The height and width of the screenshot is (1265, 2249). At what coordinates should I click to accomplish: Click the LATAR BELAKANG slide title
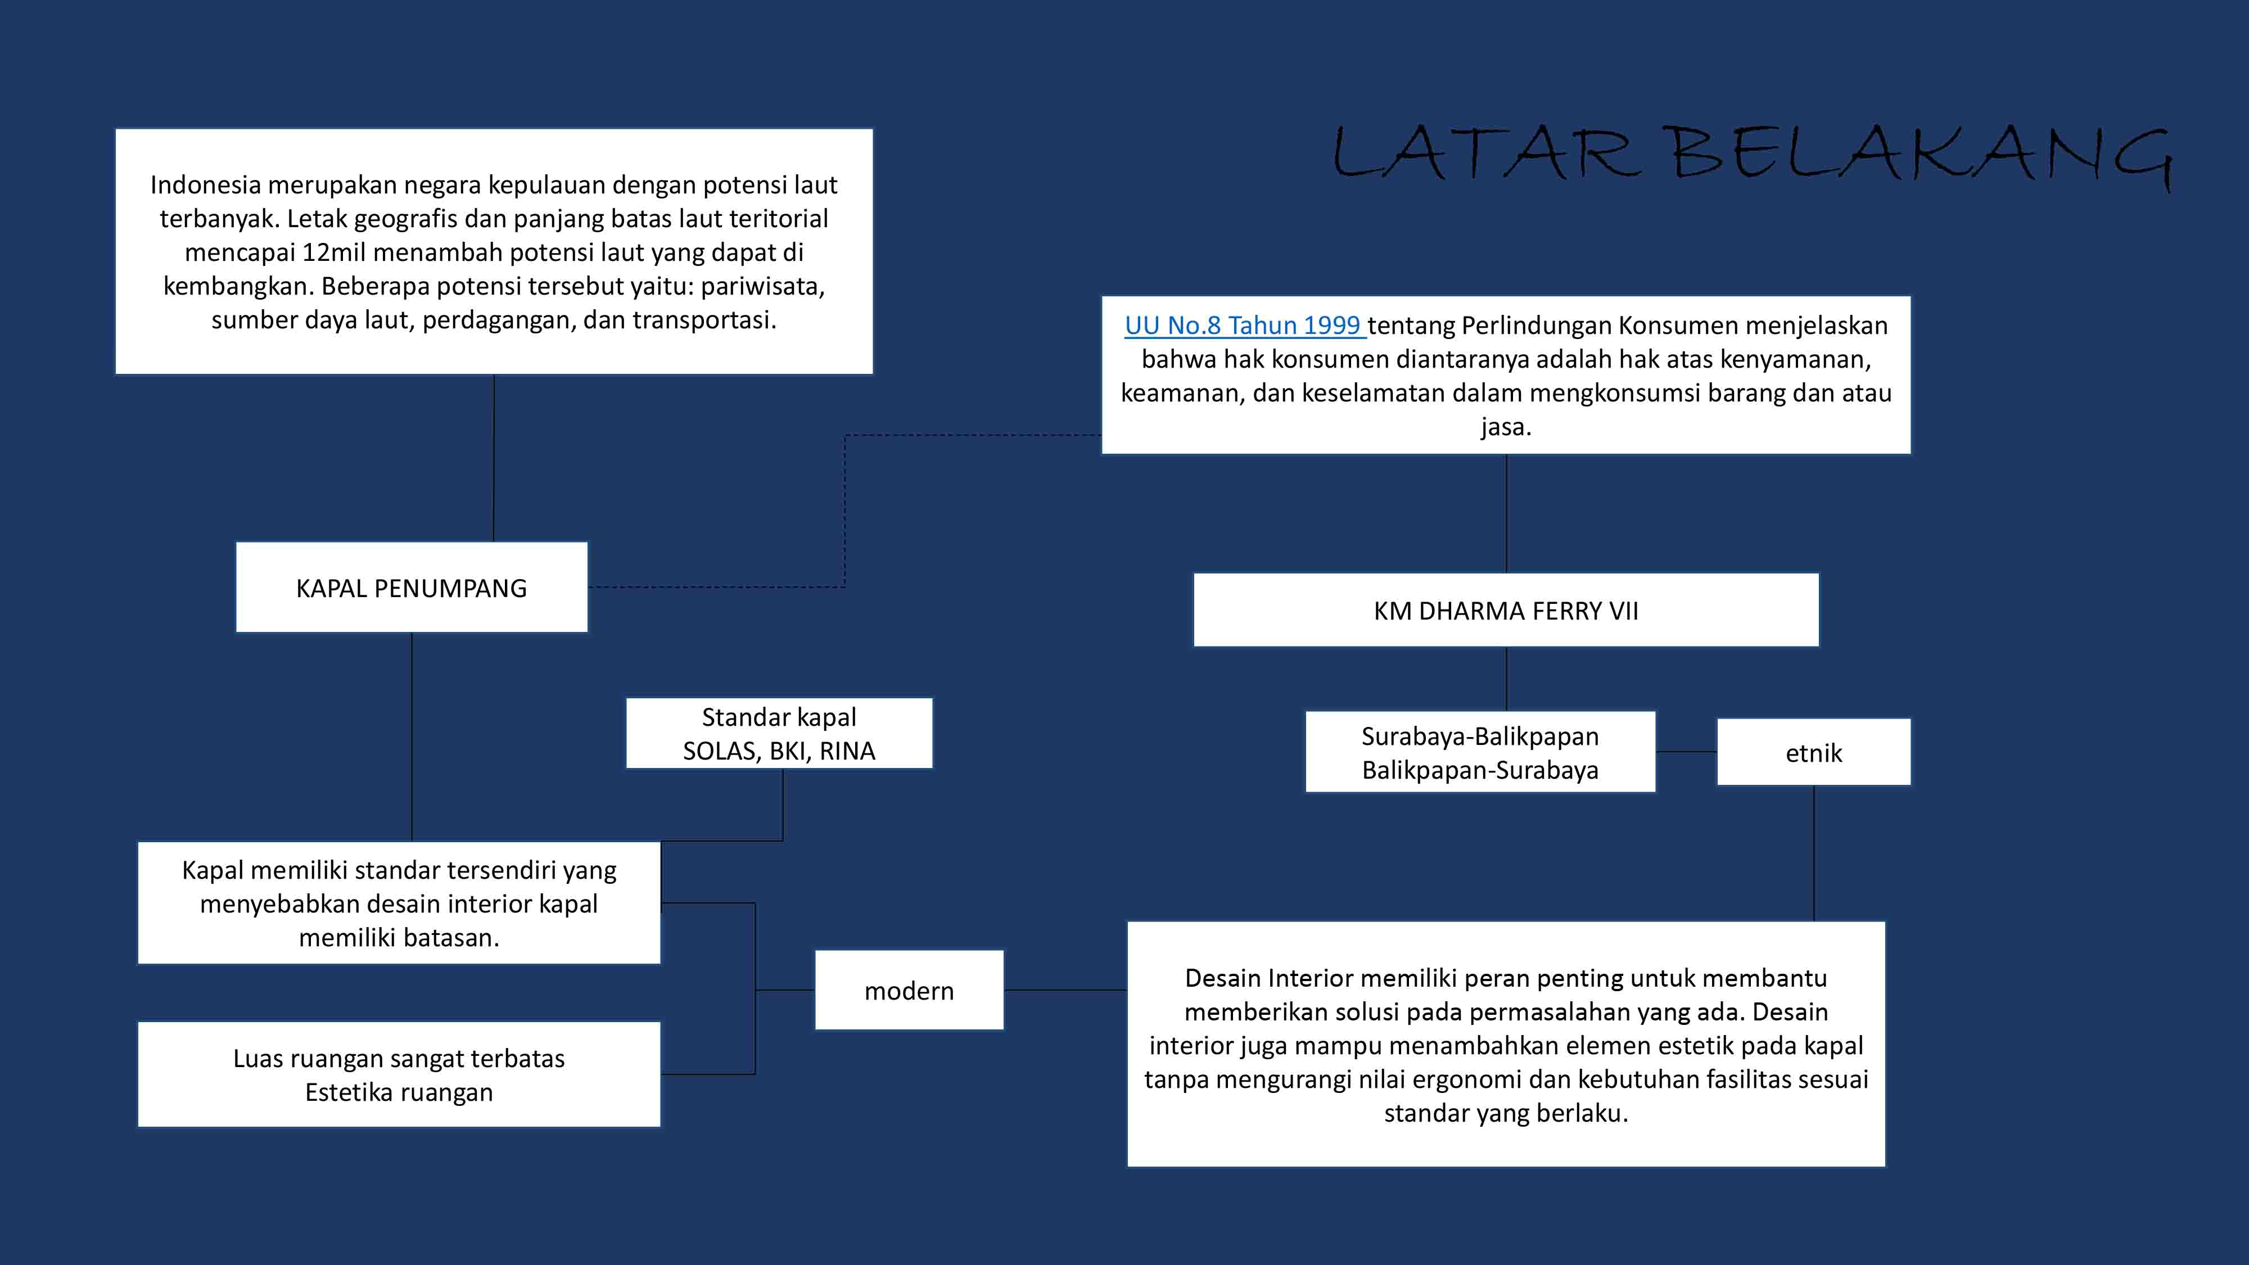1750,155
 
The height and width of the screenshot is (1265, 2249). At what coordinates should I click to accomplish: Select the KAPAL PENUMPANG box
411,588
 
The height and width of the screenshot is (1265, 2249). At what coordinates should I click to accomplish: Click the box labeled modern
909,991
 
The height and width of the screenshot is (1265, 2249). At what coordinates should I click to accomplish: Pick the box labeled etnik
1813,753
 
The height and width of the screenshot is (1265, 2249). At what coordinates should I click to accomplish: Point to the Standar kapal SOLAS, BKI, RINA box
779,733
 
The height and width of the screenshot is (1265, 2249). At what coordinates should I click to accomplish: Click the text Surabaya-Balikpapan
1480,737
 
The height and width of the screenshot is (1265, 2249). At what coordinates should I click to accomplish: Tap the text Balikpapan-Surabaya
1480,770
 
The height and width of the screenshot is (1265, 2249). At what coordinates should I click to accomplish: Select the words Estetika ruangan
399,1092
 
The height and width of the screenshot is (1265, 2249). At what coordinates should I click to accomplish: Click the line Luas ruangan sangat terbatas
399,1058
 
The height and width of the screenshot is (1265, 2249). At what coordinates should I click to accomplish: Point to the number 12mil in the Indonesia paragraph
335,252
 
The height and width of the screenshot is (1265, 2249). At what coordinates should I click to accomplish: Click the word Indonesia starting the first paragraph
205,185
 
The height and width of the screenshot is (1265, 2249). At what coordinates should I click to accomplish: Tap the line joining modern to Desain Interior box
1065,990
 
